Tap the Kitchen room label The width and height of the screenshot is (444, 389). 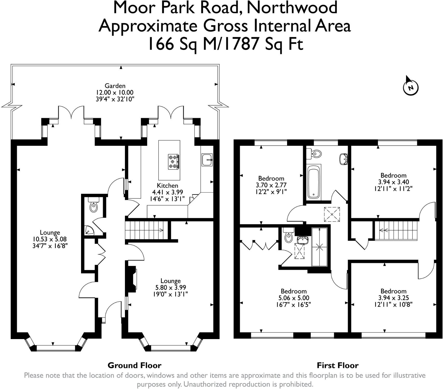tap(167, 185)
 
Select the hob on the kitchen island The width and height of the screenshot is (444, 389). tap(173, 162)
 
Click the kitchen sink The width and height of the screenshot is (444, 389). tap(207, 160)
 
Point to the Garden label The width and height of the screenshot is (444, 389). tap(115, 86)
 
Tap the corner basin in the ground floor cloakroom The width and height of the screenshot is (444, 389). tap(89, 230)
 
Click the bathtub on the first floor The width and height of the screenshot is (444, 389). tap(314, 182)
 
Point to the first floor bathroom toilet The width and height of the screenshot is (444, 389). tap(314, 153)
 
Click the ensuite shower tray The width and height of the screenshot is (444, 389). tap(319, 247)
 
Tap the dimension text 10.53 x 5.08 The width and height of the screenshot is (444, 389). tap(50, 239)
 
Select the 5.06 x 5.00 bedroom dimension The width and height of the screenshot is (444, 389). tap(294, 298)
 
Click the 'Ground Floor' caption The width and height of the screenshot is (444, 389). tap(134, 365)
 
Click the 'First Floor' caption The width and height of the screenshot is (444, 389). tap(337, 365)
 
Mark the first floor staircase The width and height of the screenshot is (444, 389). tap(395, 230)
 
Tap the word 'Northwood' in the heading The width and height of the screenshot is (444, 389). tap(292, 8)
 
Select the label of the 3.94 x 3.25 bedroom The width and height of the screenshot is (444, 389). tap(393, 291)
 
